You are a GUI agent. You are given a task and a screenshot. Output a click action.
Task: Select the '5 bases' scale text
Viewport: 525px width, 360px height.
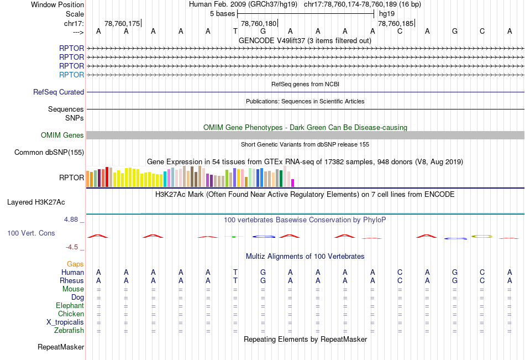tap(222, 13)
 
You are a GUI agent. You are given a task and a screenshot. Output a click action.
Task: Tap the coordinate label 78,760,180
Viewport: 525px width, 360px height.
tap(258, 23)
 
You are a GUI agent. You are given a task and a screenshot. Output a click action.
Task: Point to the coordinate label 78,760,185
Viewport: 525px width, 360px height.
tap(395, 23)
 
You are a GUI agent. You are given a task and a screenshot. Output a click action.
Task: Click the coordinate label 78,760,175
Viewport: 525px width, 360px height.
tap(122, 23)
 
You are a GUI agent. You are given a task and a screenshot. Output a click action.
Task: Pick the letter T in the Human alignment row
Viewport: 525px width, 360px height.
tap(235, 272)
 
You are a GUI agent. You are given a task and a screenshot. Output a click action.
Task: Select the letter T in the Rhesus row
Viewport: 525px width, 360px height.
tap(235, 280)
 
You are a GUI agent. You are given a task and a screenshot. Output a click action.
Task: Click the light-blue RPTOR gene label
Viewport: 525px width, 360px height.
tap(72, 75)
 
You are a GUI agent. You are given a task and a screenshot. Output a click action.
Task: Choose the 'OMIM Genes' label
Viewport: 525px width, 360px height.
tap(62, 135)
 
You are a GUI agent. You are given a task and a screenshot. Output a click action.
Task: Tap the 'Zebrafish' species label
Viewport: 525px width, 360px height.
tap(69, 331)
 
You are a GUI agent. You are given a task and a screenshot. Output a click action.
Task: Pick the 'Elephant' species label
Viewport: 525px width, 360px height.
tap(70, 306)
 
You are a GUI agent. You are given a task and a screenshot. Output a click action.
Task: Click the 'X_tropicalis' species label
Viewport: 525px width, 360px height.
tap(65, 322)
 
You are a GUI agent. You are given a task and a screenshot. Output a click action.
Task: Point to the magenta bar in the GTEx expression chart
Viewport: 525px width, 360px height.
tap(293, 182)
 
